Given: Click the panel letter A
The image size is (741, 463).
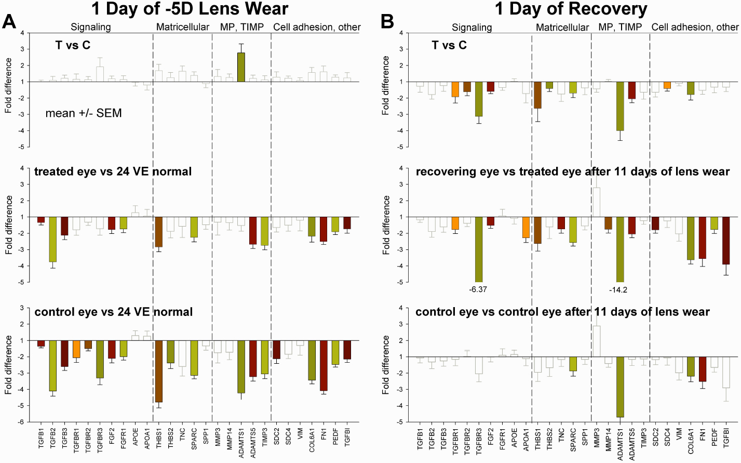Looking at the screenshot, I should coord(10,21).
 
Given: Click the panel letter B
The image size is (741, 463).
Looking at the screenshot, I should coord(387,21).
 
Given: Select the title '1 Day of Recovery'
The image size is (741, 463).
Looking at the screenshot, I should coord(571,9).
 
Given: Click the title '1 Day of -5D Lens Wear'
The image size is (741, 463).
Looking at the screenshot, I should coord(190,9).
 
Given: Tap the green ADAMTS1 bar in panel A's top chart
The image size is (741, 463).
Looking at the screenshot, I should coord(241,67).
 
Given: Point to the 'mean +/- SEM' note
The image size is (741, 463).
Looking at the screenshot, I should coord(84,113).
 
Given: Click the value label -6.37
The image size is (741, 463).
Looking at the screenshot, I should coord(478,289).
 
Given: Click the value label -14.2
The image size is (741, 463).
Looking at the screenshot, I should coord(618,290).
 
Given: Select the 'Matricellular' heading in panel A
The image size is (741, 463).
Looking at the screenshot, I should coord(183,27).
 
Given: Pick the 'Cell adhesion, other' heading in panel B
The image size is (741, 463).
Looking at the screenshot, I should coord(695,27).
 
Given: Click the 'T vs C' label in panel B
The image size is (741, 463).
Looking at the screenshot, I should coord(449,45).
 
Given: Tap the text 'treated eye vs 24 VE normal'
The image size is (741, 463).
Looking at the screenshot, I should coord(113,171).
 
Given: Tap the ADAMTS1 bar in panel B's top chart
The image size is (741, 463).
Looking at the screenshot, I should coord(619,106).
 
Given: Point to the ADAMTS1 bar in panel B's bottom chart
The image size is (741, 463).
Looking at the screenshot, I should coord(620,387).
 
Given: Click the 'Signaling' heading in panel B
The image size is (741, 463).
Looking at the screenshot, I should coord(471,27).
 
